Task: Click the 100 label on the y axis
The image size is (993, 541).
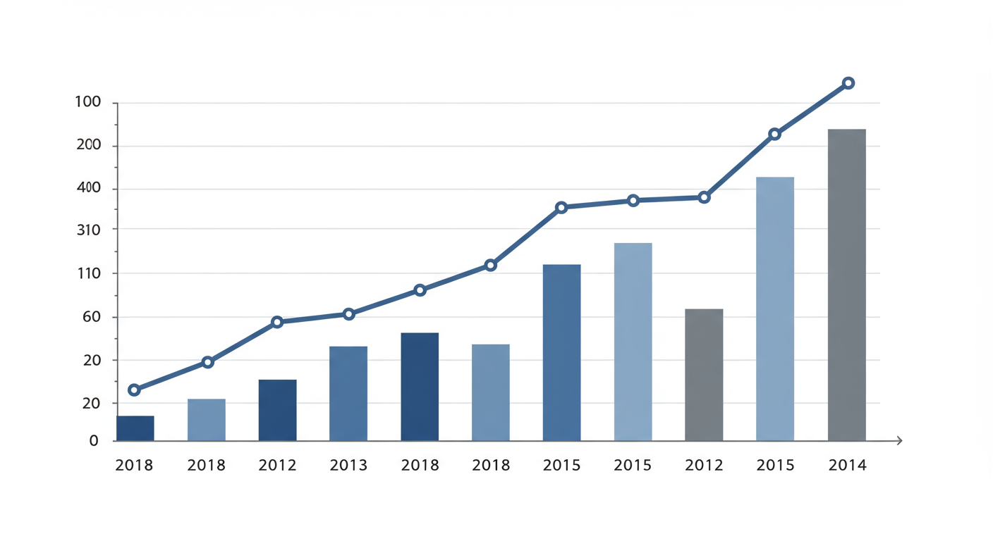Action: (88, 102)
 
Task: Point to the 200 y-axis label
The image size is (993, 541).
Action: (88, 145)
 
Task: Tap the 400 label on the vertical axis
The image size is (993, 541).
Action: (88, 188)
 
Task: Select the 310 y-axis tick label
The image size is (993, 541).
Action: (88, 230)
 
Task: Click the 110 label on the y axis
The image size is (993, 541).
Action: (88, 273)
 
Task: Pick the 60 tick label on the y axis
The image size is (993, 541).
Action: (92, 317)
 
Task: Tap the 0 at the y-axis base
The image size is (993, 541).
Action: (94, 441)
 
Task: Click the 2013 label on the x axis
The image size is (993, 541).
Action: (348, 465)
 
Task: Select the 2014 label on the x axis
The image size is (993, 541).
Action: (847, 465)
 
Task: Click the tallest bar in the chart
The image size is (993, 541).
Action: (846, 285)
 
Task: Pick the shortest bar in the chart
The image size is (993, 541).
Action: (135, 428)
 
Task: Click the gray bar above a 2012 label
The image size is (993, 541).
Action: (704, 375)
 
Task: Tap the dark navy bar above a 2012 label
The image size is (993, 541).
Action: (277, 410)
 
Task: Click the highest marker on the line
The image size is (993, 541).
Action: (848, 83)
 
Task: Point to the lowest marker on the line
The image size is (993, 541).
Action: (134, 390)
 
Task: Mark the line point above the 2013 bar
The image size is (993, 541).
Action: (348, 314)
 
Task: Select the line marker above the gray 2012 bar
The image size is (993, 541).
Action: (704, 198)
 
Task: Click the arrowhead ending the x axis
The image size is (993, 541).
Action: (899, 441)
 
